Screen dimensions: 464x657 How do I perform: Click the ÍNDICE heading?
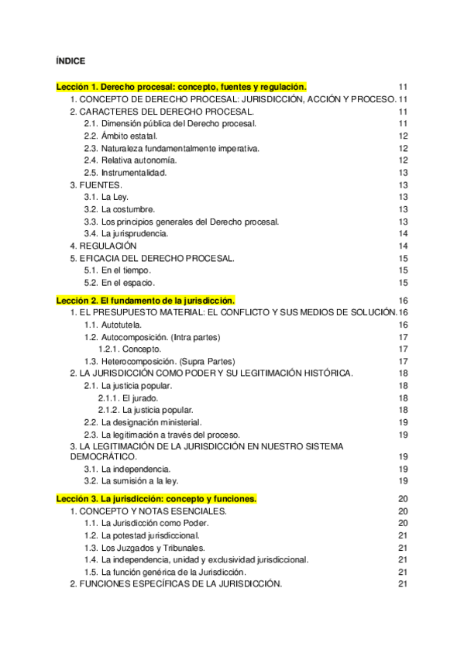71,60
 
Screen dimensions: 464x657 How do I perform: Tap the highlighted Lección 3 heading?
156,499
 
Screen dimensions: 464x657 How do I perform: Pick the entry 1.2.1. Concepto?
129,349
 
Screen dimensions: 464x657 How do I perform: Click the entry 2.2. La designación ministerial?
143,422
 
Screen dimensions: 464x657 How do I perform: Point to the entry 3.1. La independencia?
127,469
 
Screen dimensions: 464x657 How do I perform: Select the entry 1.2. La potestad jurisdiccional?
144,535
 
